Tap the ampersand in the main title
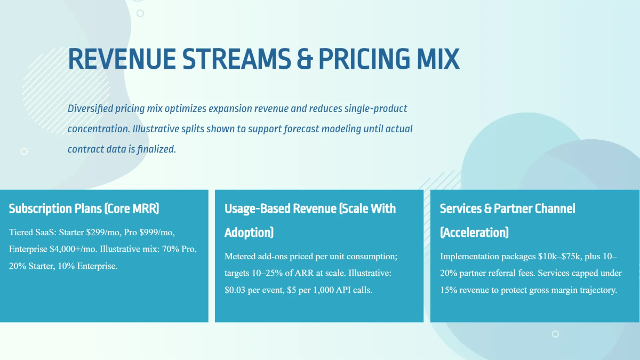[305, 59]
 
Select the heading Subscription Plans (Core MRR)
[84, 209]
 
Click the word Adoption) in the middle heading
[249, 233]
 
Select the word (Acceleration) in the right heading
[474, 233]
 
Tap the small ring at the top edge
[140, 13]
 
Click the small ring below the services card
[555, 334]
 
